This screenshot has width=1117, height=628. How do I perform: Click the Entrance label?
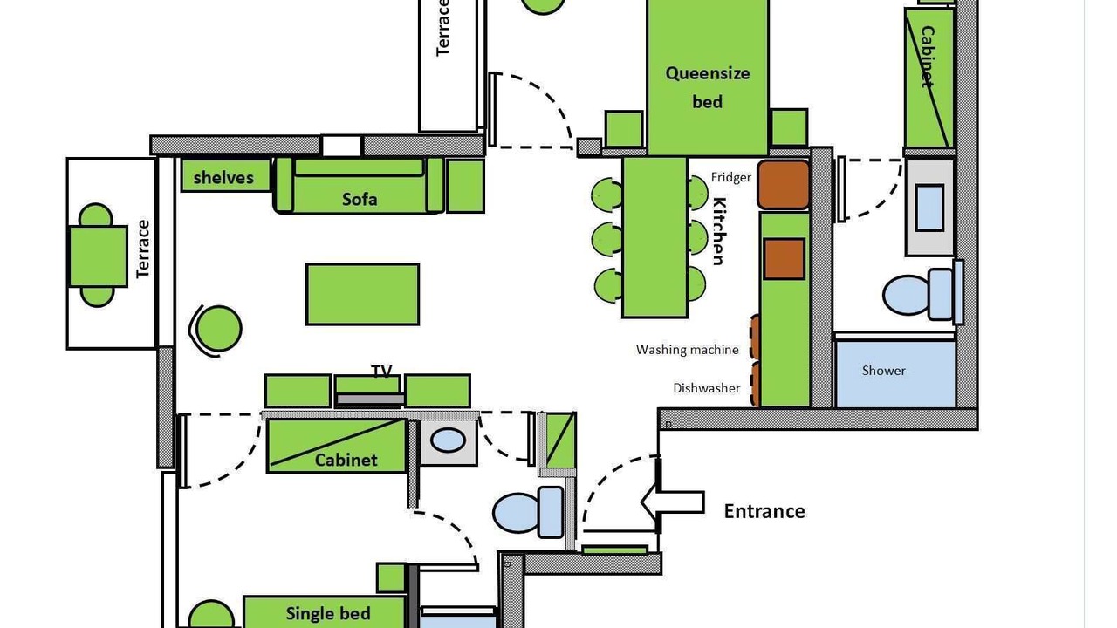(x=764, y=511)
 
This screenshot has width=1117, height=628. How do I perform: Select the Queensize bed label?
(x=708, y=86)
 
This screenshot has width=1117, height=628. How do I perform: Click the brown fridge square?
(x=783, y=184)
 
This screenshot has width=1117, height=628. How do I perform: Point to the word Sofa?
(x=360, y=199)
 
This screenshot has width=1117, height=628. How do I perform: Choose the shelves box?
(x=224, y=177)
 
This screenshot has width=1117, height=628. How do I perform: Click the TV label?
(x=381, y=371)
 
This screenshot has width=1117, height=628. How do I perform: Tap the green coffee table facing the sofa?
(x=362, y=294)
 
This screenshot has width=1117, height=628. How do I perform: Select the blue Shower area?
(x=894, y=373)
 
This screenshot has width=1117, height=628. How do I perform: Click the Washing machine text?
(x=688, y=350)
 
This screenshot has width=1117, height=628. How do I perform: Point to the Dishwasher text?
(x=707, y=388)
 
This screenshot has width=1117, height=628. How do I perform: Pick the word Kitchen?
(x=718, y=231)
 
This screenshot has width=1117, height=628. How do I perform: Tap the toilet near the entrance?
(x=529, y=512)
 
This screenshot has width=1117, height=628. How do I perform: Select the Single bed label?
(x=328, y=613)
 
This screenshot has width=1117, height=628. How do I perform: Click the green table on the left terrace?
(x=97, y=256)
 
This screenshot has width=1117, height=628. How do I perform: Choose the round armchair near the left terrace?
(x=217, y=329)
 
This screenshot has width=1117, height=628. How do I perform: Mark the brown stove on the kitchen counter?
(x=784, y=258)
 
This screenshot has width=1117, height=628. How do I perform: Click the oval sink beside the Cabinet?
(x=448, y=440)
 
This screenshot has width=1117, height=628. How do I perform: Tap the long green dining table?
(x=654, y=236)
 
